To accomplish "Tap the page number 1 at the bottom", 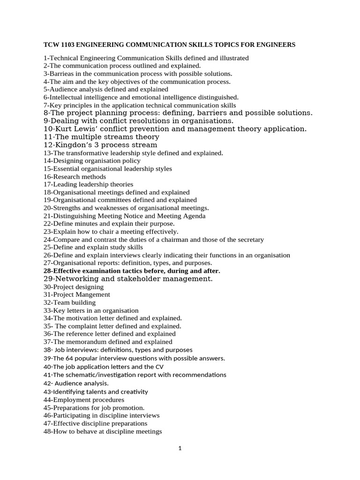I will tap(180, 448).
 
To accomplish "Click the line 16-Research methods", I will tap(75, 177).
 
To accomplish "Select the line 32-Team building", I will tap(69, 302).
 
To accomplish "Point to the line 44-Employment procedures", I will tap(83, 400).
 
